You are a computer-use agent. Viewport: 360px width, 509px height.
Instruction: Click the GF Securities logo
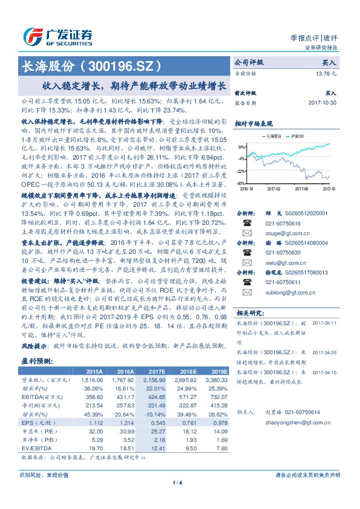point(57,36)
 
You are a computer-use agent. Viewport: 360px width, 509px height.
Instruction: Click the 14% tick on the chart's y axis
point(241,147)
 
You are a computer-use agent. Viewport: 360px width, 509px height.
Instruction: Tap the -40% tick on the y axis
point(241,183)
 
